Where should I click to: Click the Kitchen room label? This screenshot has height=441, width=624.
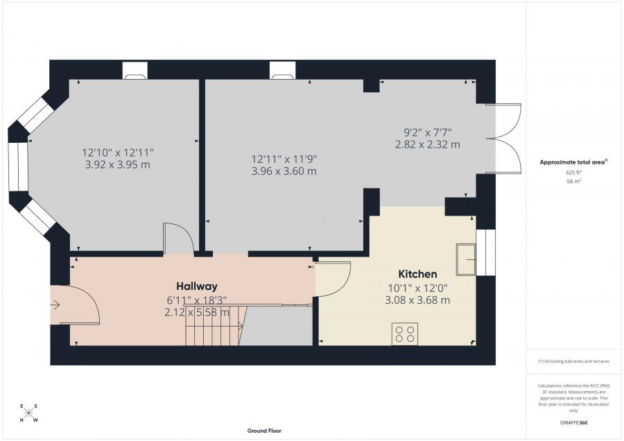click(417, 274)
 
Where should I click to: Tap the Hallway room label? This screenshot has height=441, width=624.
click(197, 286)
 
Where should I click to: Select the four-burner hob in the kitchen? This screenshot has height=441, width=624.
click(405, 334)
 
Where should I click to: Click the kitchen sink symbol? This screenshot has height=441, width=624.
click(466, 259)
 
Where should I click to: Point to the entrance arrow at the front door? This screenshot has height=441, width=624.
click(55, 305)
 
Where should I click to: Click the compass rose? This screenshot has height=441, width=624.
click(28, 413)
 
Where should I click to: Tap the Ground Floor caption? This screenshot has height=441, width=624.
click(264, 431)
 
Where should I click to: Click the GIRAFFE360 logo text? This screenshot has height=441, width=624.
click(573, 423)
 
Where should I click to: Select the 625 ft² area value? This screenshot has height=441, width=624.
click(573, 173)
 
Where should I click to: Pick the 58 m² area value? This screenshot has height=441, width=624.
click(573, 181)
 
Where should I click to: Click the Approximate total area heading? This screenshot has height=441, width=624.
click(573, 162)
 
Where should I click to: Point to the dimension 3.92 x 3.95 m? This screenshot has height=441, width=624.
click(117, 165)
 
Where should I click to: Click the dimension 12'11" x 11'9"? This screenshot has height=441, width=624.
click(284, 159)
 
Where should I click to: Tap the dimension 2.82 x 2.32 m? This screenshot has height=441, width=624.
click(427, 144)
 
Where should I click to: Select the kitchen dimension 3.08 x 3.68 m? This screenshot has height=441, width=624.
click(417, 300)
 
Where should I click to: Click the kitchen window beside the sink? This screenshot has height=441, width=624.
click(486, 252)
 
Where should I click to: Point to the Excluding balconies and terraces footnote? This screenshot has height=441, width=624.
click(573, 361)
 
